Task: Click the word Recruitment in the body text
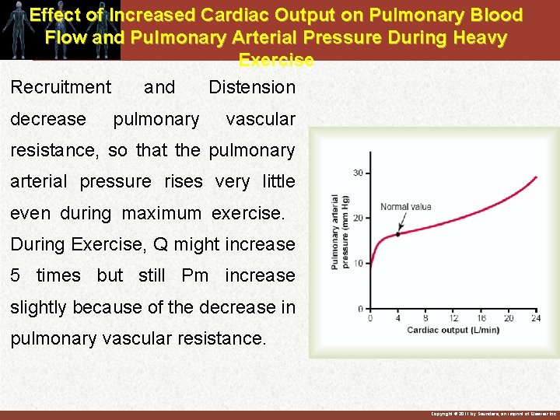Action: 61,87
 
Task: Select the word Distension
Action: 252,87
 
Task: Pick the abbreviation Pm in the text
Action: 194,275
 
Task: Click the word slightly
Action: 38,307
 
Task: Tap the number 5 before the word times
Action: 16,275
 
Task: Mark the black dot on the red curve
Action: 398,234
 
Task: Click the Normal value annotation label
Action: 405,207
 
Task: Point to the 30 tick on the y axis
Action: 358,173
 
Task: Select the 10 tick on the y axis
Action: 358,264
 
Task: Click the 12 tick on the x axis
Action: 453,318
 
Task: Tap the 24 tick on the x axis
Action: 536,318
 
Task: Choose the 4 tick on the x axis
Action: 398,318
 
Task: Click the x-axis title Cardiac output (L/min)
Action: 453,331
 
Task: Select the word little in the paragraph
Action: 278,181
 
